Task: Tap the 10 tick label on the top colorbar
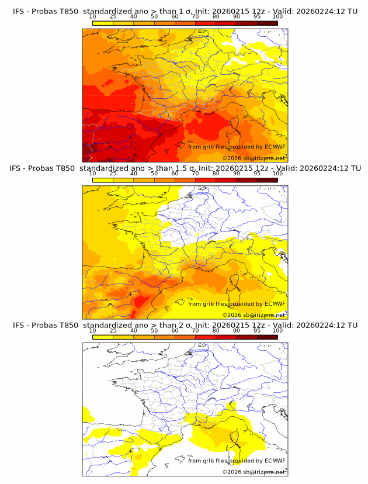[x=92, y=17]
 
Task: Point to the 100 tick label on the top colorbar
[x=277, y=17]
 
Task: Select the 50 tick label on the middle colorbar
[x=154, y=174]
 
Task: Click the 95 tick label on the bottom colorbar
[x=257, y=331]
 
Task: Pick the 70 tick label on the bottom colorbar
[x=195, y=331]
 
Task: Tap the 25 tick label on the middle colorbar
[x=113, y=174]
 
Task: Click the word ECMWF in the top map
[x=275, y=147]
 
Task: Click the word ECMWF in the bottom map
[x=275, y=461]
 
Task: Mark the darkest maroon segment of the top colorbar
[x=268, y=23]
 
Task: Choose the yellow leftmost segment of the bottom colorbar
[x=102, y=337]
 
